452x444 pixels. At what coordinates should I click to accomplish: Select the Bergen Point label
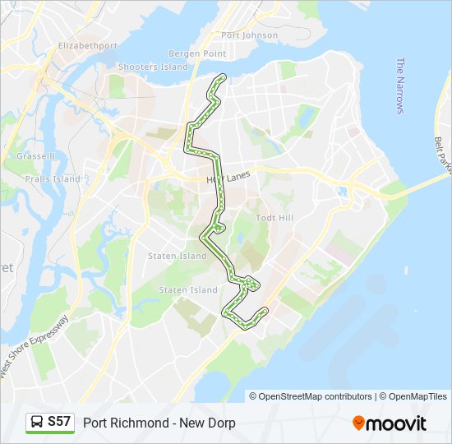point(197,53)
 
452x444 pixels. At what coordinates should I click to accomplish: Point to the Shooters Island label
point(153,67)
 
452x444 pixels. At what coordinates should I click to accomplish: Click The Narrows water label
point(401,86)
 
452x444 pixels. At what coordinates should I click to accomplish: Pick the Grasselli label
point(35,155)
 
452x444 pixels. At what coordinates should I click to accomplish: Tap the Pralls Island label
point(52,178)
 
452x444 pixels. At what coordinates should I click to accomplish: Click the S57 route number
point(59,422)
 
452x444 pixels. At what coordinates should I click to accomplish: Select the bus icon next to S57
point(38,423)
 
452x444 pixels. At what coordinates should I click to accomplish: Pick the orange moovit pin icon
point(358,423)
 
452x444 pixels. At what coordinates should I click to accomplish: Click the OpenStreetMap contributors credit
point(316,396)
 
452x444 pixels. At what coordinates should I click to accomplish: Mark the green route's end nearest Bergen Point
point(220,76)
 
